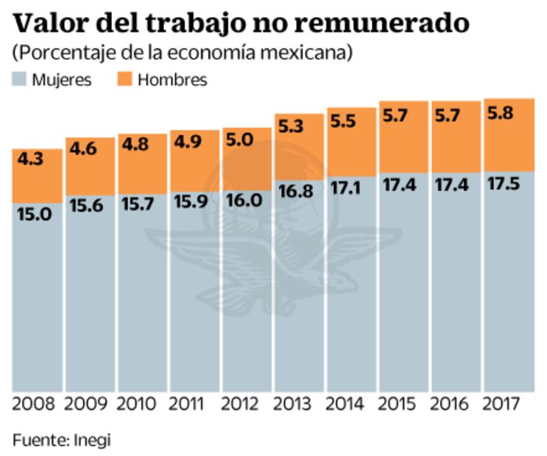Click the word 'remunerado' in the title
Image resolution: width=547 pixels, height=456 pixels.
(384, 23)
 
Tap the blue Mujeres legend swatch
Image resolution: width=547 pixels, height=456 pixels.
(19, 79)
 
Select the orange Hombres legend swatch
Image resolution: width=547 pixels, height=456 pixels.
(124, 79)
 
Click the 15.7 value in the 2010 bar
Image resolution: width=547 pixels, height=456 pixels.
(137, 206)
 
